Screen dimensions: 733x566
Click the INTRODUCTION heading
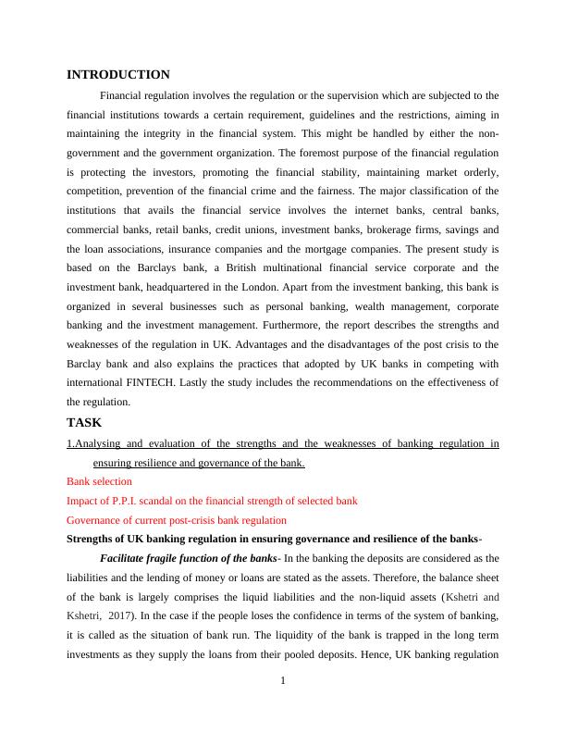click(118, 75)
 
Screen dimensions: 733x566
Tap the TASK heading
click(84, 422)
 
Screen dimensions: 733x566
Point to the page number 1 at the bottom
click(283, 682)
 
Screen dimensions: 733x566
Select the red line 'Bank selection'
click(99, 481)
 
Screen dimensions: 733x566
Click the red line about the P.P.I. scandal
click(212, 501)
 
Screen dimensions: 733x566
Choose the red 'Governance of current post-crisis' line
click(177, 520)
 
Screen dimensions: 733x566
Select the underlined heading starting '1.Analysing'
click(283, 444)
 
